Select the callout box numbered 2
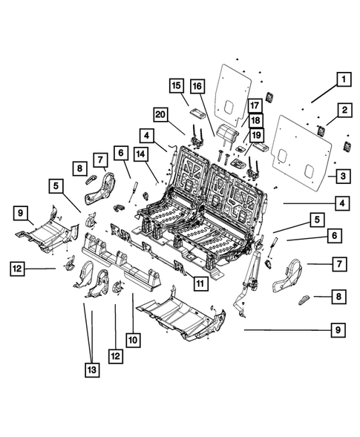tap(344, 111)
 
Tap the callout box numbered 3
tap(344, 176)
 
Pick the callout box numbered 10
tap(133, 340)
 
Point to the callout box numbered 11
tap(200, 281)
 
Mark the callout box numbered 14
tap(141, 154)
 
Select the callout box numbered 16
tap(197, 86)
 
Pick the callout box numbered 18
tap(255, 121)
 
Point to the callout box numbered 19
tap(255, 135)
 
